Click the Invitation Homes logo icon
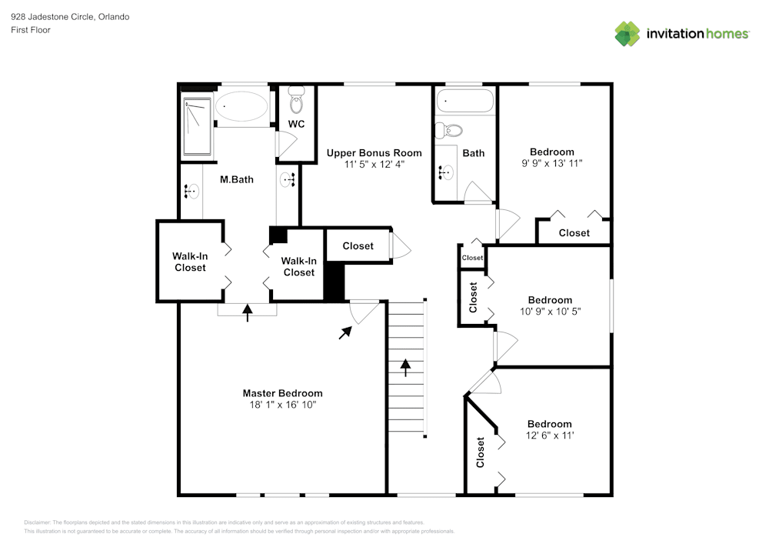[627, 34]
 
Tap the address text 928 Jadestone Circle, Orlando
[70, 17]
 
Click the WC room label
[296, 124]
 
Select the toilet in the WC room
[296, 99]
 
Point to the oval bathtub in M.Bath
[241, 106]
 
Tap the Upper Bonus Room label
[374, 153]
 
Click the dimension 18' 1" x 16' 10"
[282, 405]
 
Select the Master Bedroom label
[282, 393]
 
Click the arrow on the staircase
[406, 367]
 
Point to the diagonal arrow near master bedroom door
[345, 332]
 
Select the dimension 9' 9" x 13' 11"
[551, 163]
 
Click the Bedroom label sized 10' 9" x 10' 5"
[550, 300]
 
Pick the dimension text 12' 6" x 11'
[550, 436]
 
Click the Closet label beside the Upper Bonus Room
[358, 246]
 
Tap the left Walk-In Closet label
[190, 262]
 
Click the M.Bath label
[237, 180]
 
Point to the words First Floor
[31, 30]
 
